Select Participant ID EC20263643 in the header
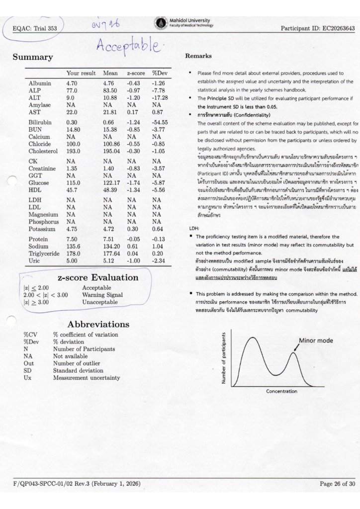(318, 28)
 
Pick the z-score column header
(136, 73)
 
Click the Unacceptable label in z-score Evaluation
(100, 302)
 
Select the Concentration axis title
(281, 391)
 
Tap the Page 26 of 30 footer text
(337, 483)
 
